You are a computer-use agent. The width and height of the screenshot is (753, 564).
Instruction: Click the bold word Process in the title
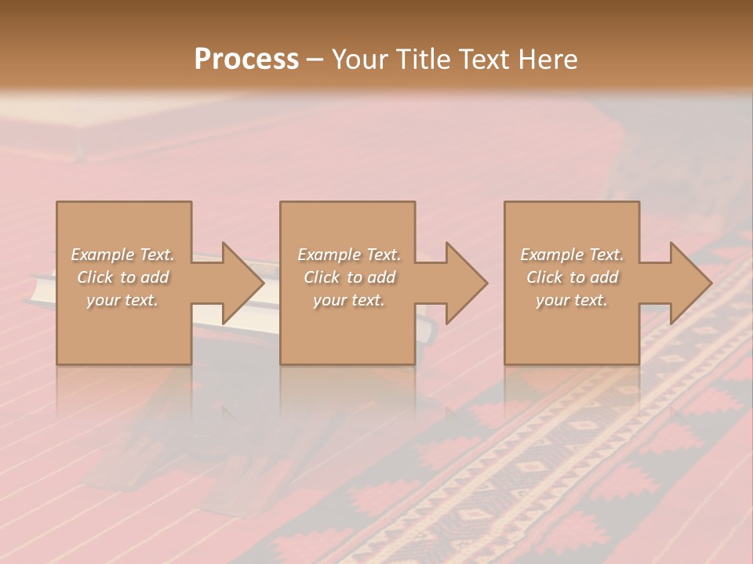point(246,60)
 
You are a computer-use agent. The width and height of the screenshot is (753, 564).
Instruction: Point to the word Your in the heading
point(360,60)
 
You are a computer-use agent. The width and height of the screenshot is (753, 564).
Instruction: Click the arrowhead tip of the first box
point(264,283)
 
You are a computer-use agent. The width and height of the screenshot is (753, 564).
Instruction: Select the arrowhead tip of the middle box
point(487,283)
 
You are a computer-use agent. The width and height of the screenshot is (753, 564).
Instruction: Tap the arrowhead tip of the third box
point(711,283)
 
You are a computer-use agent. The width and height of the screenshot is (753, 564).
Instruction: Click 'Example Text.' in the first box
point(122,255)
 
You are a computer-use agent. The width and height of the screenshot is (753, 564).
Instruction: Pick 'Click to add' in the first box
point(122,277)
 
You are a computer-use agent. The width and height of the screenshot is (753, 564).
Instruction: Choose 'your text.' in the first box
point(122,300)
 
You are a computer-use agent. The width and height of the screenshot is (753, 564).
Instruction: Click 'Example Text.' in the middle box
point(349,255)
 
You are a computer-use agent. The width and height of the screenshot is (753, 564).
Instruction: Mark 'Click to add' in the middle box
point(349,277)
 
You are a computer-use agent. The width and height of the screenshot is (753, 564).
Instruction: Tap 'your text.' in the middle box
point(349,300)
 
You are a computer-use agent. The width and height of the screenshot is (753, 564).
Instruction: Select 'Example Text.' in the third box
point(572,255)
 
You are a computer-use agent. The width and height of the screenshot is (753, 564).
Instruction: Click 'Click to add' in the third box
point(572,277)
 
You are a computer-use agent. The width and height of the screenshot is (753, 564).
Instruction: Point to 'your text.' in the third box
point(572,300)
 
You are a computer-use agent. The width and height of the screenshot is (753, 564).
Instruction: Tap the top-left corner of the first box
point(57,203)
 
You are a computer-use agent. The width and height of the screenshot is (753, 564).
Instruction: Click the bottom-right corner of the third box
point(638,363)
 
